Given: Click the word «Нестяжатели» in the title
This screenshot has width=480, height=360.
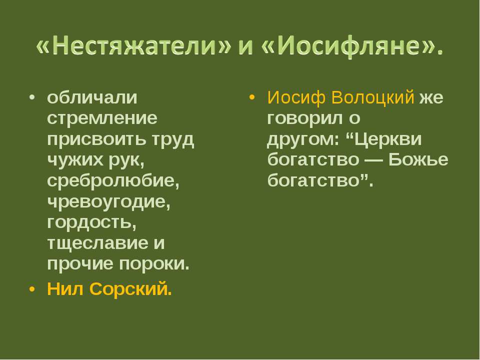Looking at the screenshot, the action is (133, 46).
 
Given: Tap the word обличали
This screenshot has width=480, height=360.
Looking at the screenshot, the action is (92, 97).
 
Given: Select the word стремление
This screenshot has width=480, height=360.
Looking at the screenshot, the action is (102, 118).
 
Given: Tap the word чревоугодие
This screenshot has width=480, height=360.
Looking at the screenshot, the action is (108, 201).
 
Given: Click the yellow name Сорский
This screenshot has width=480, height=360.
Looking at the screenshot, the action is (130, 288).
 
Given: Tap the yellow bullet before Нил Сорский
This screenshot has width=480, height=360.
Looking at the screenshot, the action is (32, 289).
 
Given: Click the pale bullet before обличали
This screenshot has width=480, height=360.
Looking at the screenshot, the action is (32, 97).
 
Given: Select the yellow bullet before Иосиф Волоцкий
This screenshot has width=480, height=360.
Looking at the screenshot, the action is (252, 97).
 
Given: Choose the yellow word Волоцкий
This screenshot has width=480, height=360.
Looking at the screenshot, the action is (372, 97).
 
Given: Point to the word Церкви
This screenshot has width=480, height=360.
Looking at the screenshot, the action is (387, 139).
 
